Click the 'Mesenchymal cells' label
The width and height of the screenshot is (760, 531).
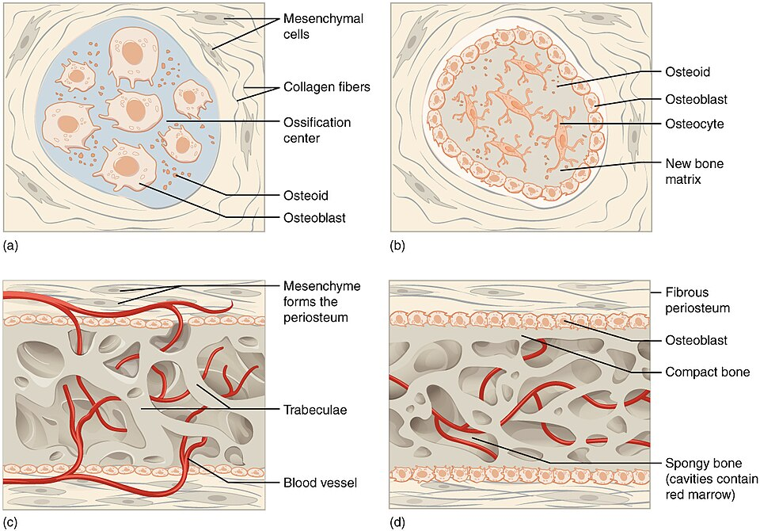pyautogui.click(x=323, y=27)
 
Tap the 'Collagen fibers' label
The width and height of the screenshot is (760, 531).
pyautogui.click(x=327, y=87)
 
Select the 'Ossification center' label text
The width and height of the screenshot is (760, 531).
pyautogui.click(x=317, y=130)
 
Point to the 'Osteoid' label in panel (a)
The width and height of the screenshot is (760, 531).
pyautogui.click(x=306, y=196)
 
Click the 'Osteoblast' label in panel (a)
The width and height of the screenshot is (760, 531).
pyautogui.click(x=314, y=218)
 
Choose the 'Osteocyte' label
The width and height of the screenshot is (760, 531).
pyautogui.click(x=694, y=124)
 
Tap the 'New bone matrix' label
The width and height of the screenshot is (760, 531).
pyautogui.click(x=694, y=171)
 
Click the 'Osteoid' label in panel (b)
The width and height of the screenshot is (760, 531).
pyautogui.click(x=688, y=72)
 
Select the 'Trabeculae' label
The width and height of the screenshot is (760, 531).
pyautogui.click(x=315, y=411)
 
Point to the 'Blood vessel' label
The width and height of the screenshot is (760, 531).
pyautogui.click(x=320, y=483)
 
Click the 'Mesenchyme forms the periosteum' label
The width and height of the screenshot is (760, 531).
pyautogui.click(x=322, y=302)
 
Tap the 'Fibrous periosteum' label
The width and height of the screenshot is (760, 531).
pyautogui.click(x=697, y=300)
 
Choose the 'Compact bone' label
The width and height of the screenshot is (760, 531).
pyautogui.click(x=708, y=372)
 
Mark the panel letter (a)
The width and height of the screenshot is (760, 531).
pyautogui.click(x=10, y=246)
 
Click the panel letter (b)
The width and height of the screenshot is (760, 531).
pyautogui.click(x=397, y=246)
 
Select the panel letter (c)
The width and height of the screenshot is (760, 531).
pyautogui.click(x=10, y=522)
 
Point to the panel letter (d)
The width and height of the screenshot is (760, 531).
pyautogui.click(x=397, y=522)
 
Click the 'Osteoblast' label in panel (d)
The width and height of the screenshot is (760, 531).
pyautogui.click(x=696, y=340)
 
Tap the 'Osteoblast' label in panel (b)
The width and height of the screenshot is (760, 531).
pyautogui.click(x=696, y=100)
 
